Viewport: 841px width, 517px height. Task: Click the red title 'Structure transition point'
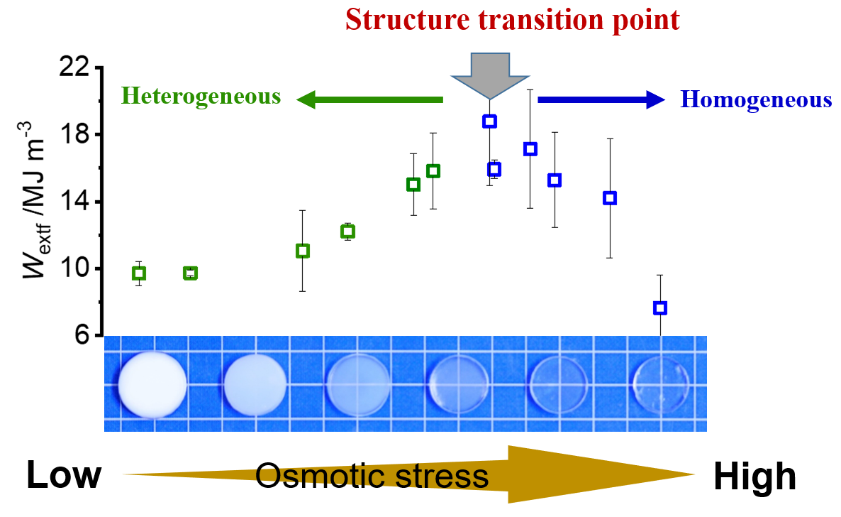[x=513, y=20]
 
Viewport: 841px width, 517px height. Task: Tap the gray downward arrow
[x=489, y=75]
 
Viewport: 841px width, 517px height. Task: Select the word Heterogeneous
[x=201, y=96]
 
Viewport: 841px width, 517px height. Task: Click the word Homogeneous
[x=756, y=99]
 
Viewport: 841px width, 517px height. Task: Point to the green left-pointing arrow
[x=369, y=99]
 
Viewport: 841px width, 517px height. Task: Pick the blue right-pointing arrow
[x=601, y=100]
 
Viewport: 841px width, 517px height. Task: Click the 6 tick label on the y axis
[x=84, y=335]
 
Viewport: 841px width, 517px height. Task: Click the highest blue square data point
[x=489, y=121]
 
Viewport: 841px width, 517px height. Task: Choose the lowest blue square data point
[x=660, y=308]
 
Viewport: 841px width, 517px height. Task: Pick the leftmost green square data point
[x=139, y=273]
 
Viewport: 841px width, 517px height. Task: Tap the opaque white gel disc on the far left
[x=152, y=384]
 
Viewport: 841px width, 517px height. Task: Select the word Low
[x=64, y=476]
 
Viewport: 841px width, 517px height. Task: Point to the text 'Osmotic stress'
[x=372, y=476]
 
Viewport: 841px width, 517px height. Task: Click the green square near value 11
[x=303, y=251]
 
